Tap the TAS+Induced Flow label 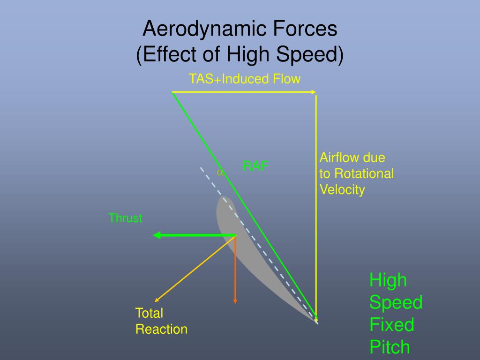pos(244,79)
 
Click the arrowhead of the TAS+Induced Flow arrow pos(314,92)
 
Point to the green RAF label pos(255,166)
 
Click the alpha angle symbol pos(219,172)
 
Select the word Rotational pos(363,174)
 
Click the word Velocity pos(342,190)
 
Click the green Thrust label pos(125,218)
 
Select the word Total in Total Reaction pos(149,313)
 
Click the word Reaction pos(161,329)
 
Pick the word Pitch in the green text pos(390,347)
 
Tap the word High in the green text pos(388,280)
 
